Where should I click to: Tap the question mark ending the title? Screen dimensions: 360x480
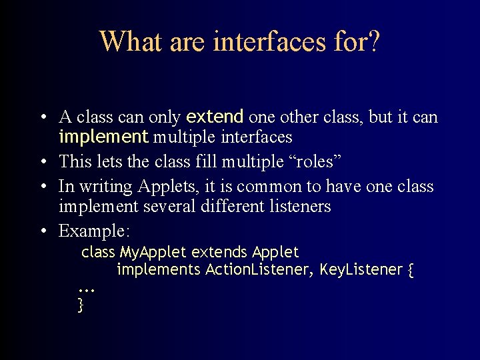[x=373, y=41]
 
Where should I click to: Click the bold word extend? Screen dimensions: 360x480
[x=215, y=117]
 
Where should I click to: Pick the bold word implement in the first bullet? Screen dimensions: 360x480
[x=103, y=137]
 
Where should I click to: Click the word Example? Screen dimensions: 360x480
[x=94, y=231]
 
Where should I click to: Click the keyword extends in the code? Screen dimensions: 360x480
[x=219, y=253]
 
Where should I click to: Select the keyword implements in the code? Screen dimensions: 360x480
[x=159, y=270]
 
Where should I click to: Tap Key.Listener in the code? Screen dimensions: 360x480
[x=361, y=270]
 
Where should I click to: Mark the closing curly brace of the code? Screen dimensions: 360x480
[x=81, y=305]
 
